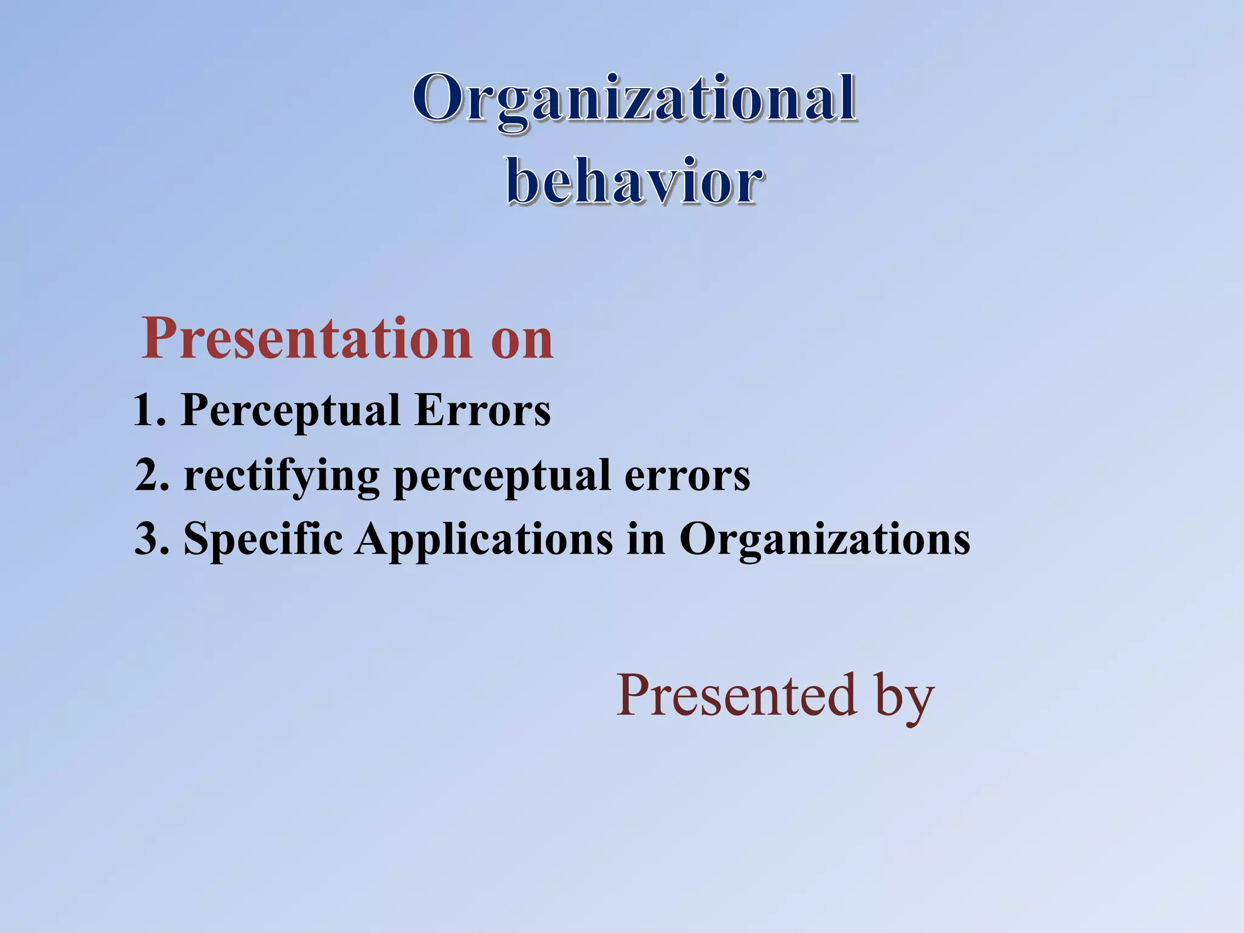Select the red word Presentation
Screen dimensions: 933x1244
[x=307, y=339]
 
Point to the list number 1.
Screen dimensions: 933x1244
[x=148, y=410]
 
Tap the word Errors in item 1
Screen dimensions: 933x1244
[x=482, y=410]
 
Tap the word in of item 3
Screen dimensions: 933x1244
[x=646, y=539]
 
